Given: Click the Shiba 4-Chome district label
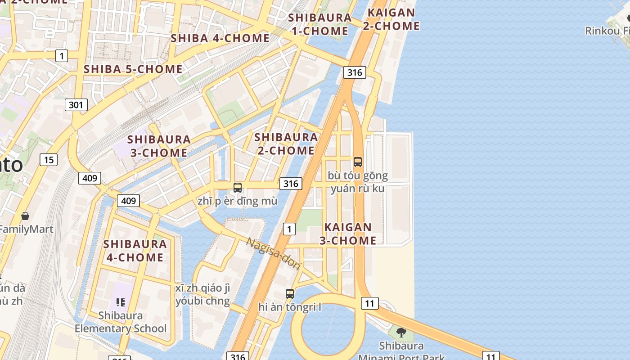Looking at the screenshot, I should point(220,38).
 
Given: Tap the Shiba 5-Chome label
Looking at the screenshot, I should point(133,69).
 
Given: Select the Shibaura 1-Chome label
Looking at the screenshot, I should point(319,24).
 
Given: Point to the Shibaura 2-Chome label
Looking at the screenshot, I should point(286,144).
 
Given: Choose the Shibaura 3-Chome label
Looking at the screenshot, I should point(159,146).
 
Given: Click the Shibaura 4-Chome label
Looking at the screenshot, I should point(135,251).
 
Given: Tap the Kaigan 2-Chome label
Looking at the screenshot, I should point(391,19).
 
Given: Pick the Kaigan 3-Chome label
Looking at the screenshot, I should point(348,234).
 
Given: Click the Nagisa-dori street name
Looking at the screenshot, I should point(274,253).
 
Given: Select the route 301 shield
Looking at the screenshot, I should point(76,105).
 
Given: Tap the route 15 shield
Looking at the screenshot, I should point(49,159).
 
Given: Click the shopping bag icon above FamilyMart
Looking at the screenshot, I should point(25,216).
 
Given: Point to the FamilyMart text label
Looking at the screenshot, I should point(26,229).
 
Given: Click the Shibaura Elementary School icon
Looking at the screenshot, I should point(120,302).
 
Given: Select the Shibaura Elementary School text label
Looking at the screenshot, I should point(120,322).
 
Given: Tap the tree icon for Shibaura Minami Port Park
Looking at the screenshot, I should point(401,333).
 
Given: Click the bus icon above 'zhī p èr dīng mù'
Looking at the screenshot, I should point(238,188).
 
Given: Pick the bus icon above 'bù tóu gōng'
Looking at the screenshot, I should point(358,162).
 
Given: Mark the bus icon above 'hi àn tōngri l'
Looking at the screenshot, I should point(290,294).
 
